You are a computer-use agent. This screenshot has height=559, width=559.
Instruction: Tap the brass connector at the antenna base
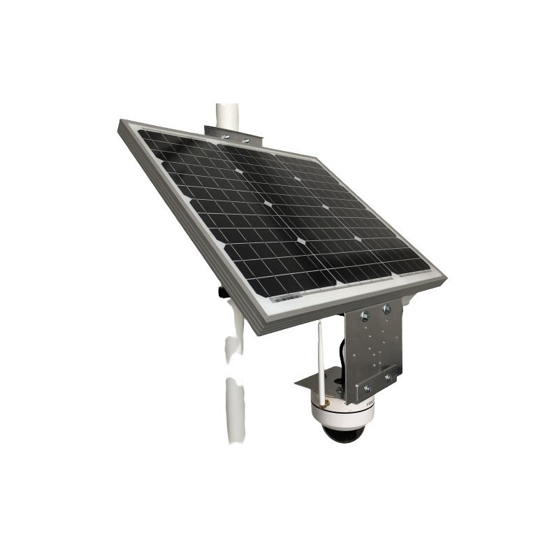[x=324, y=403]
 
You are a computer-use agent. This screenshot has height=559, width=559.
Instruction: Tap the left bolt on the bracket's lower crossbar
[x=367, y=389]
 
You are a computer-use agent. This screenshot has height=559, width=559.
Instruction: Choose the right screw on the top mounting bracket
[x=245, y=138]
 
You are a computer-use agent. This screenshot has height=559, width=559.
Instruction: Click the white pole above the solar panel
[x=227, y=115]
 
